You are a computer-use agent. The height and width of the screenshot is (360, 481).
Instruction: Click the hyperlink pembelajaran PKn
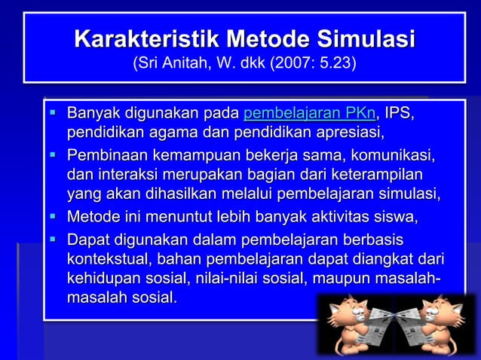(310, 115)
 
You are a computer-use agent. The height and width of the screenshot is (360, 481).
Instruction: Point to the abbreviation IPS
(399, 115)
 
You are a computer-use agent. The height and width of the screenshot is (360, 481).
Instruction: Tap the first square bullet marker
(54, 114)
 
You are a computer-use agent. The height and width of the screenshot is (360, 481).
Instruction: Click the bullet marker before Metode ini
(54, 218)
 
